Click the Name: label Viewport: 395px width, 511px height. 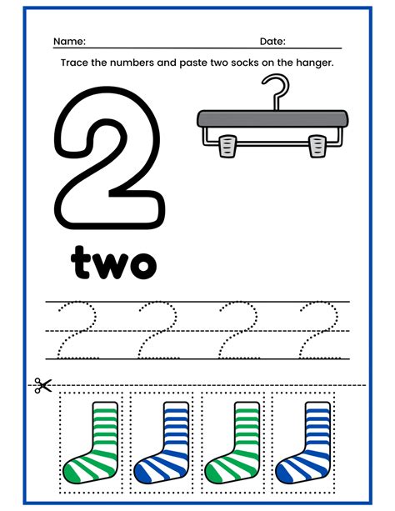[x=70, y=41]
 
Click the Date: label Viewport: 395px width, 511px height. [x=272, y=41]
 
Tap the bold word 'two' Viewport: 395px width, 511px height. [x=113, y=261]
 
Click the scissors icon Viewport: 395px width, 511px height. [x=42, y=385]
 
